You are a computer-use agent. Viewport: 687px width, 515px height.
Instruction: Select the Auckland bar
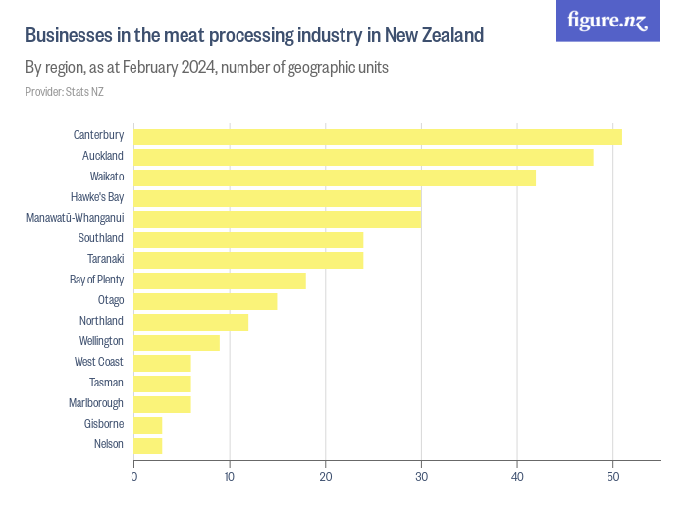coord(363,157)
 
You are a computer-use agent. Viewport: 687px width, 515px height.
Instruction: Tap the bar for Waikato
coord(335,178)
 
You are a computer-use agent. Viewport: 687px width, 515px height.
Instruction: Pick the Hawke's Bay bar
coord(278,198)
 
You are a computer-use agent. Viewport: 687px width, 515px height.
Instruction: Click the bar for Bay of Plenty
coord(220,281)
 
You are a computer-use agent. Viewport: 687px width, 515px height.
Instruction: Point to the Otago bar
coord(205,301)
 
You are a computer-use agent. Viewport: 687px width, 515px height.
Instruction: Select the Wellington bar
coord(177,342)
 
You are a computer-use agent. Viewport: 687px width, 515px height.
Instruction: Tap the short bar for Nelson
coord(148,445)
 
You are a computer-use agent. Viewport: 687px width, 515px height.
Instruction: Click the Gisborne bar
coord(148,425)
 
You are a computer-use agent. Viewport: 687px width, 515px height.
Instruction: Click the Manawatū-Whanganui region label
coord(75,218)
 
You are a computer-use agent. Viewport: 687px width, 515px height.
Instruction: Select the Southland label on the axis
coord(100,238)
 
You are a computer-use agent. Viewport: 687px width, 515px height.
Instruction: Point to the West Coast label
coord(98,362)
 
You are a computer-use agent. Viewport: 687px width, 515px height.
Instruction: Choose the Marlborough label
coord(95,403)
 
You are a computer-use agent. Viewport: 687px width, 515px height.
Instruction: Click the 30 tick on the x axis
coord(421,477)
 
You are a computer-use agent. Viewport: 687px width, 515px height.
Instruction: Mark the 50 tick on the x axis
coord(612,477)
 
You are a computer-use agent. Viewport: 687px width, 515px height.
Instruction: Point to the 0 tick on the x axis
coord(134,477)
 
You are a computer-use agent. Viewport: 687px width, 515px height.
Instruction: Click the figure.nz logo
coord(608,21)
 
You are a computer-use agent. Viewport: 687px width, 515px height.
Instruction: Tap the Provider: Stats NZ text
coord(64,92)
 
